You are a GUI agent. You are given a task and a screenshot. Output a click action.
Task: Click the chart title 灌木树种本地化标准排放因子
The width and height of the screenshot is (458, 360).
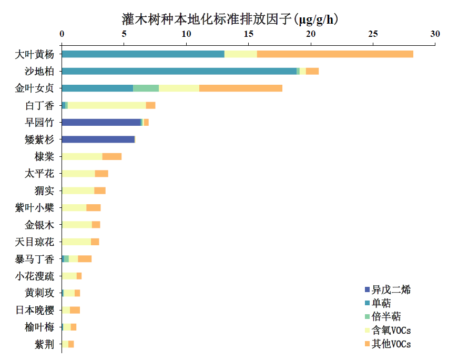[x=229, y=19]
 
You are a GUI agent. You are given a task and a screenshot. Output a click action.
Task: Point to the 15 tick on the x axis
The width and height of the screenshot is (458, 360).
[x=249, y=34]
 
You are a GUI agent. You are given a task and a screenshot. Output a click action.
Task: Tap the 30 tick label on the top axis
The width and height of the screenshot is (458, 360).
[x=435, y=34]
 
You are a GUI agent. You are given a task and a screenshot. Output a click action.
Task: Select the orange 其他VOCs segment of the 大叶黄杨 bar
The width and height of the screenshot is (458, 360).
[x=335, y=54]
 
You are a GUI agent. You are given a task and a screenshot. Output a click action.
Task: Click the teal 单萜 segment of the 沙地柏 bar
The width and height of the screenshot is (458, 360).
[x=179, y=71]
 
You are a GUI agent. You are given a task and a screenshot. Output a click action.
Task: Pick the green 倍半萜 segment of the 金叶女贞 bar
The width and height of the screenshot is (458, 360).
[x=146, y=88]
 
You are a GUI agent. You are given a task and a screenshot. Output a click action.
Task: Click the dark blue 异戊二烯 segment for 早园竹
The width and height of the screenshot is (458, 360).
[x=101, y=122]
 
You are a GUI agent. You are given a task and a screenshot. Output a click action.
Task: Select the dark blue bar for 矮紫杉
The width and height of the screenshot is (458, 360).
[x=98, y=139]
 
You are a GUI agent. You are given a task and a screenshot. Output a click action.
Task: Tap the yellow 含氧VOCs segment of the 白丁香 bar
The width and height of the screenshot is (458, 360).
[x=107, y=105]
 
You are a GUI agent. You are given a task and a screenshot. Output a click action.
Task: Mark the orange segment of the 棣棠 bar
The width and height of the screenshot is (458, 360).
[x=112, y=156]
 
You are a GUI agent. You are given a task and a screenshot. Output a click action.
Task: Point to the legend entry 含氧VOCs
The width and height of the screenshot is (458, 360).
[x=391, y=331]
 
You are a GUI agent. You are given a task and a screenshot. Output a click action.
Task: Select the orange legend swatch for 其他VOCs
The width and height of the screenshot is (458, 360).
[x=367, y=344]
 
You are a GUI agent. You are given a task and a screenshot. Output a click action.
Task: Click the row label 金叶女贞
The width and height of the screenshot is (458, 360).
[x=34, y=88]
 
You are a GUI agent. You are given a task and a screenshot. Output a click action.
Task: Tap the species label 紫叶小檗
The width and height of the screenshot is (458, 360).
[x=34, y=208]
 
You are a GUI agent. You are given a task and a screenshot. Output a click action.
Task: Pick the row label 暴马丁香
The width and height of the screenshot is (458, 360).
[x=34, y=259]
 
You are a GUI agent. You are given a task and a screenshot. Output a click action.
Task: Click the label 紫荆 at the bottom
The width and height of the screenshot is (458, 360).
[x=44, y=344]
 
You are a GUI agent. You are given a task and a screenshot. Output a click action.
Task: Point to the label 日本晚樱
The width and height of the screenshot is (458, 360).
[x=34, y=310]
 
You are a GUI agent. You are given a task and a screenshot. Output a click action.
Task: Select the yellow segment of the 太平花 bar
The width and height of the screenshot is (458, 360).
[x=78, y=174]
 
